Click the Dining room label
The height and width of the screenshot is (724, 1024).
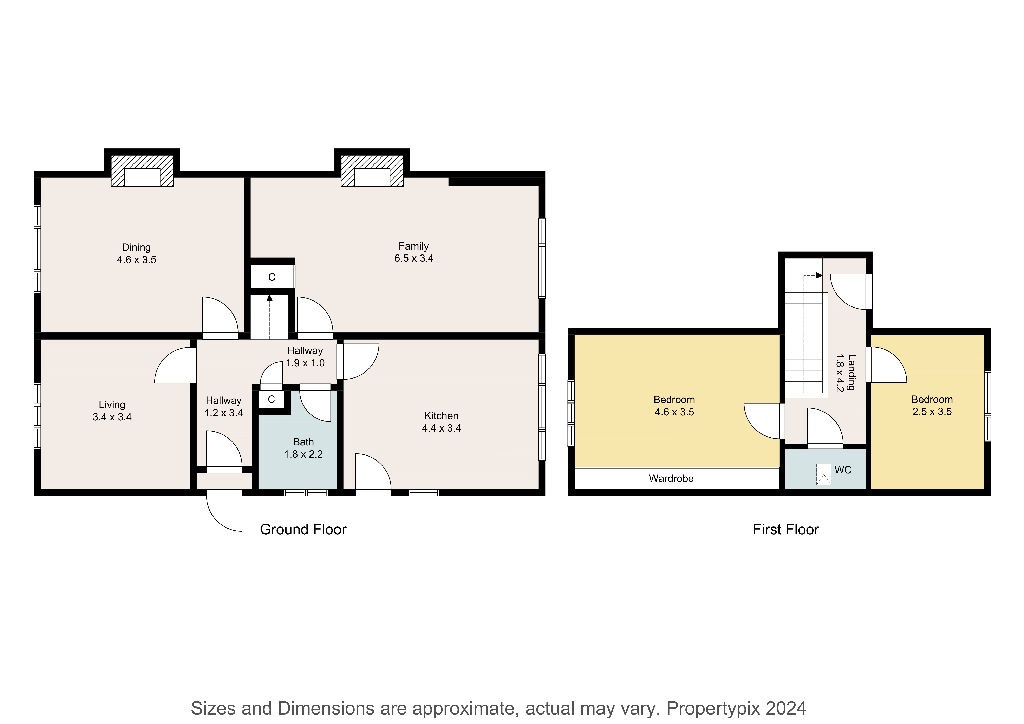click(136, 247)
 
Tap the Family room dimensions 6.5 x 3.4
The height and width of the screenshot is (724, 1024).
click(414, 258)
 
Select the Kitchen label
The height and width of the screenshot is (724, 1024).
click(442, 416)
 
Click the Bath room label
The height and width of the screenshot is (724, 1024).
click(304, 442)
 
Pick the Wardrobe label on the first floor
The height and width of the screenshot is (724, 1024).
click(671, 479)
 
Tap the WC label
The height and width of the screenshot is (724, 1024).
click(843, 470)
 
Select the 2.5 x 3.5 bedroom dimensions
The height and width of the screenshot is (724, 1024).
click(932, 412)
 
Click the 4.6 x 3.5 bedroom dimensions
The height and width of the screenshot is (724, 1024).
click(674, 412)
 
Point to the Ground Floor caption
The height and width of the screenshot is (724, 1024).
click(303, 530)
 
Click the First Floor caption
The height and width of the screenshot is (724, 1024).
click(786, 530)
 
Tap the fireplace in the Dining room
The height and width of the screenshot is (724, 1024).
click(142, 171)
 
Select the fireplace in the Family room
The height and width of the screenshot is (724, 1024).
click(372, 171)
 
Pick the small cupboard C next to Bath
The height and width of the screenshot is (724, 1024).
click(271, 399)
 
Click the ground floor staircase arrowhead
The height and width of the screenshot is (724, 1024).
click(269, 298)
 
